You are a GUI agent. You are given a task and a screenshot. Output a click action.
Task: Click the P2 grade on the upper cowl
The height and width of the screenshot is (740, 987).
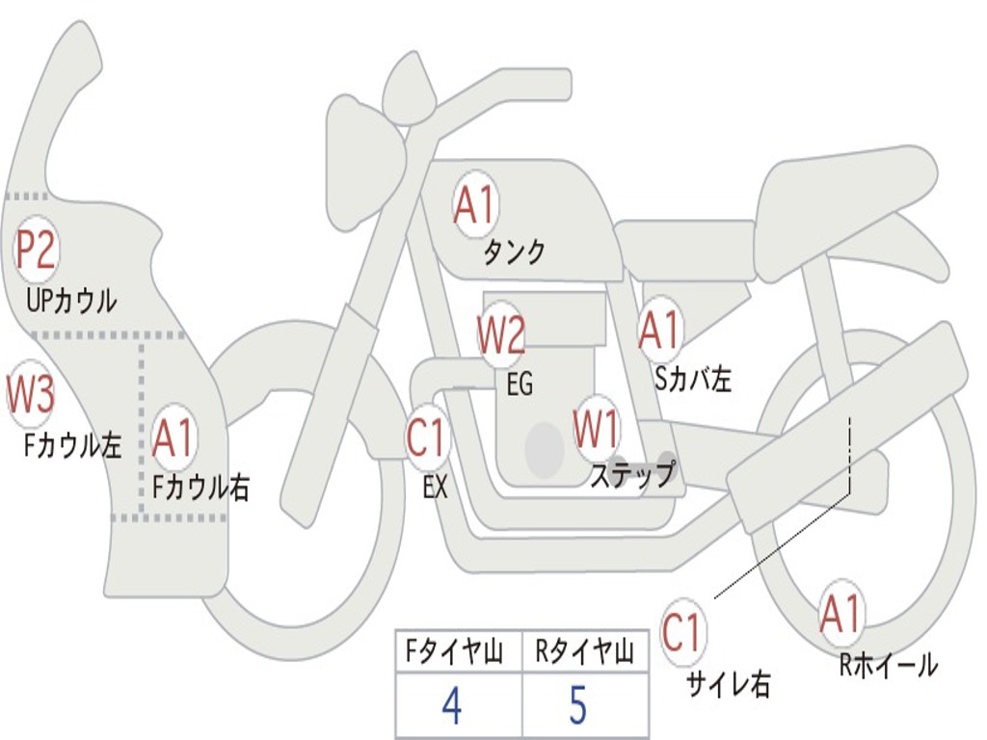click(36, 250)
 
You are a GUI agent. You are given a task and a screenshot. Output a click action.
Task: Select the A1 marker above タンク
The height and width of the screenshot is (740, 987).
click(474, 205)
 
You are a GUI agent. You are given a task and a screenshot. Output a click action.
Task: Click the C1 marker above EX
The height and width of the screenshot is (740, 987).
click(427, 438)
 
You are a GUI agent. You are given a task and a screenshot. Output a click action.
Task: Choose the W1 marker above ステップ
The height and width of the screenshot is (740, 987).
click(597, 430)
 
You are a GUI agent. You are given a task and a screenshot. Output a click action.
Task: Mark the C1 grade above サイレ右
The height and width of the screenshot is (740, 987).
click(682, 633)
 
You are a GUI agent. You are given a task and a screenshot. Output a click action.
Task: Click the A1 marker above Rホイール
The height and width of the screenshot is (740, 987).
click(840, 614)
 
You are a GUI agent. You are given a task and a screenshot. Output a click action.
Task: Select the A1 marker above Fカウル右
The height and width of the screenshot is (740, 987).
click(174, 438)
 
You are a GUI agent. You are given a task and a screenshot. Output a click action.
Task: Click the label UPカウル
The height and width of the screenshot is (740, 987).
click(71, 301)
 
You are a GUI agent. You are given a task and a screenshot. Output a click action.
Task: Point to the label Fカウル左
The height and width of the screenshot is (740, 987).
click(73, 445)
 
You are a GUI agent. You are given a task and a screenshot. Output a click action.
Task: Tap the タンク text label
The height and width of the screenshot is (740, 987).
click(514, 252)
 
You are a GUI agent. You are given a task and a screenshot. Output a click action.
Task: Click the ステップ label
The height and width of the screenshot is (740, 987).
click(632, 475)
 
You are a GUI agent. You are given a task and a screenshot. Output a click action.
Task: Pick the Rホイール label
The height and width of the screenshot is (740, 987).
click(888, 665)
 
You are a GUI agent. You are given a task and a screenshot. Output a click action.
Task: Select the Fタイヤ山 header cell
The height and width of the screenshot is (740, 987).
click(458, 653)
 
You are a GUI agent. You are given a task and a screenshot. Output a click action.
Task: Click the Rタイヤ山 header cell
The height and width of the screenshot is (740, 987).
click(584, 653)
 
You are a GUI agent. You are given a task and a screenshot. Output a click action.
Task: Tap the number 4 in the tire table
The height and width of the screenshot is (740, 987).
click(451, 706)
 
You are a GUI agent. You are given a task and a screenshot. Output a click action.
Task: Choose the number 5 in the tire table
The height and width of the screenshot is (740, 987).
click(577, 706)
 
